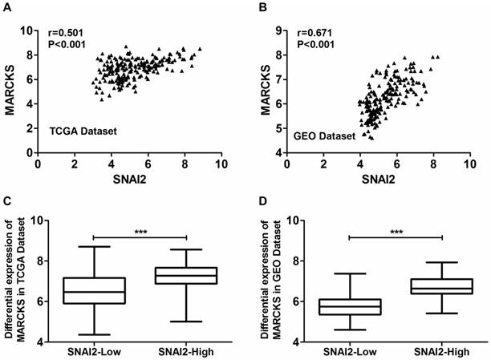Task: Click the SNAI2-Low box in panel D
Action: [348, 307]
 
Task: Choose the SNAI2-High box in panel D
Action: [441, 286]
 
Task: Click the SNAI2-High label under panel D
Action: [442, 352]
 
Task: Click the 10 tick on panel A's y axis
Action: [29, 30]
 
